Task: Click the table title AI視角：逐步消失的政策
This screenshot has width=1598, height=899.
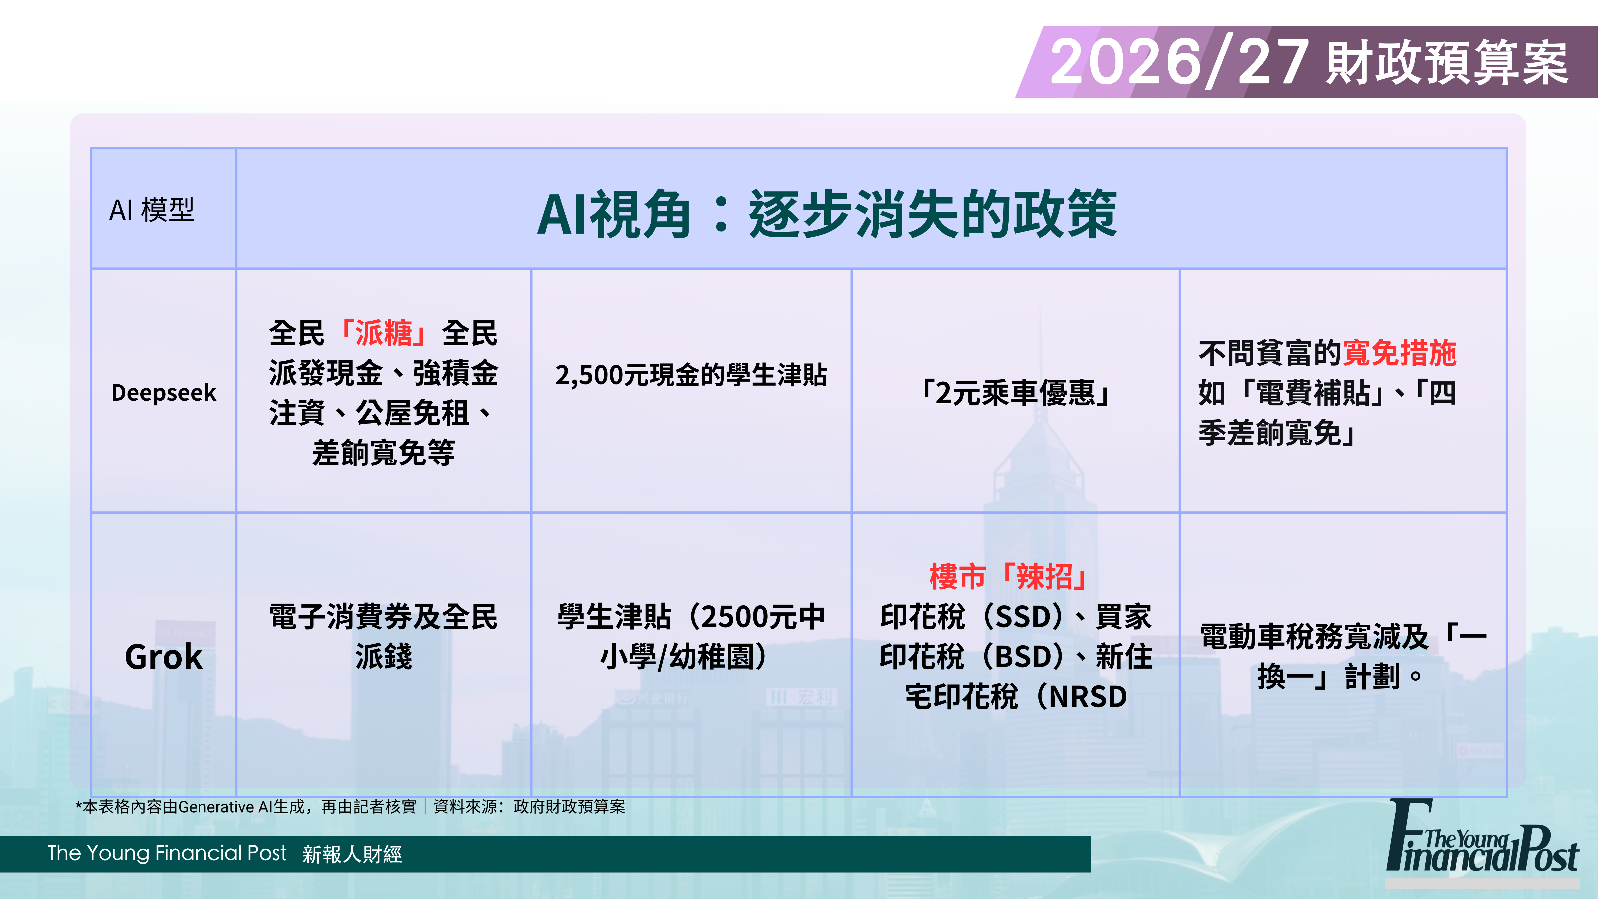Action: (827, 214)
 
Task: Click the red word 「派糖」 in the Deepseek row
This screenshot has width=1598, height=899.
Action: (383, 333)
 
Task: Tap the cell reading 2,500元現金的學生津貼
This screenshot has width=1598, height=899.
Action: (691, 375)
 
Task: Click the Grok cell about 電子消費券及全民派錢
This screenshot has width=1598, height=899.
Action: (383, 637)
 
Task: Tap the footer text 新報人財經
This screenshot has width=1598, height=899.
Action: (352, 854)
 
